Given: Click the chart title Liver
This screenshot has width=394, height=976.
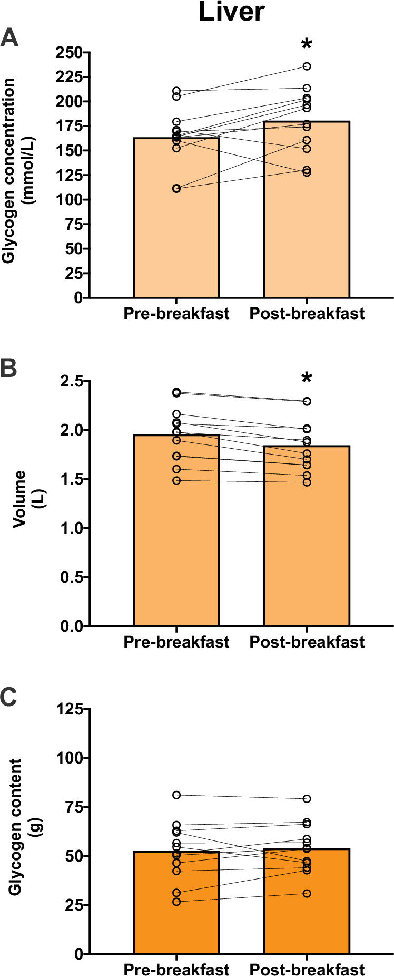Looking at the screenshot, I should coord(231,12).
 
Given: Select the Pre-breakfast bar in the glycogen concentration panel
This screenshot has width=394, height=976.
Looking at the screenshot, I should coord(176,221).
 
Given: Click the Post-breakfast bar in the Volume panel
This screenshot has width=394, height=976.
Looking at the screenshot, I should coord(307,538).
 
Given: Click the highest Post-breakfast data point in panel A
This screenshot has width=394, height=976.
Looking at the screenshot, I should coord(307,66).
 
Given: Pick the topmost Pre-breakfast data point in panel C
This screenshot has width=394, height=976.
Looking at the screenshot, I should coord(176,795).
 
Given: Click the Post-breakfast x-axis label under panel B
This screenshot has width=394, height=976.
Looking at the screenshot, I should coord(307,642).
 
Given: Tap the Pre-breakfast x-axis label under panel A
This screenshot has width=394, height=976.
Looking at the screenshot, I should coord(176,314).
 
